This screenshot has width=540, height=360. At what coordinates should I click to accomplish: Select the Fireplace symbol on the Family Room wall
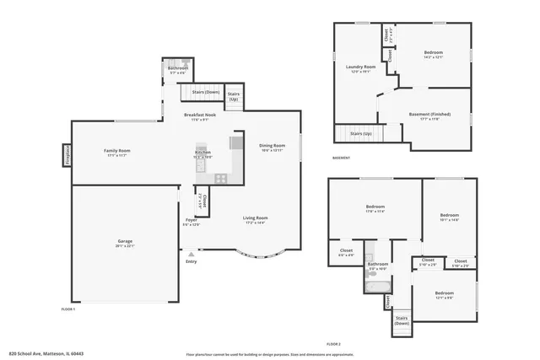65,155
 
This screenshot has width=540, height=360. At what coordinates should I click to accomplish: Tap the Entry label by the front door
191,261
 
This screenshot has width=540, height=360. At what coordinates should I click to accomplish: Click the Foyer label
192,220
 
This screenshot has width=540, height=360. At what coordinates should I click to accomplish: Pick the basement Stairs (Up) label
361,133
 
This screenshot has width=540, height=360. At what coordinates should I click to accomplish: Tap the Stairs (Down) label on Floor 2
402,320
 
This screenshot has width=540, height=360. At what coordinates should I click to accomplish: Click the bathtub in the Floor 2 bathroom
375,284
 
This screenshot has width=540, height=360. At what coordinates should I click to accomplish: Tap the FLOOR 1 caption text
68,309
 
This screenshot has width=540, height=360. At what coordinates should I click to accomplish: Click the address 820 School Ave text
46,354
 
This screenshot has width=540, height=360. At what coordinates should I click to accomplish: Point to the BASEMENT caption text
341,158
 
